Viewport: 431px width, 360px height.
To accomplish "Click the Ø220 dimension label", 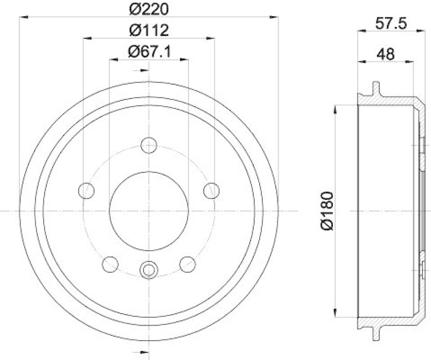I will click(x=149, y=9).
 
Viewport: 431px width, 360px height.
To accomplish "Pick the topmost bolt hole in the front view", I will click(x=149, y=145).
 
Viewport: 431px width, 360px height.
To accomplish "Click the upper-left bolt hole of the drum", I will click(x=86, y=190).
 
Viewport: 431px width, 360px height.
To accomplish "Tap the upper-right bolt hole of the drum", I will click(x=212, y=190).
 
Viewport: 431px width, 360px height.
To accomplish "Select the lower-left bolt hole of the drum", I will click(x=110, y=264).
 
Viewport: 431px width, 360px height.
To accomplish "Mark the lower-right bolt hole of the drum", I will click(x=187, y=264).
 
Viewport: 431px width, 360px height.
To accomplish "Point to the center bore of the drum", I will click(x=149, y=211).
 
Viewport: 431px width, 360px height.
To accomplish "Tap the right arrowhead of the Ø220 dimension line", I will click(x=276, y=17).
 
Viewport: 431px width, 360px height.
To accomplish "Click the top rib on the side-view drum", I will click(x=376, y=88).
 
